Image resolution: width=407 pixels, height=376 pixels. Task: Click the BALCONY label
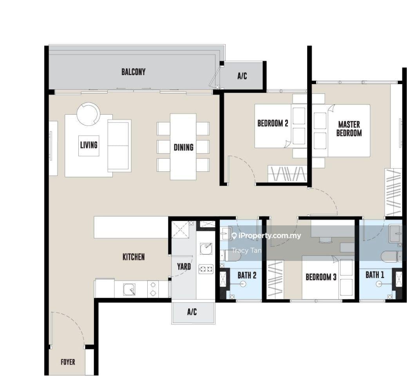click(134, 72)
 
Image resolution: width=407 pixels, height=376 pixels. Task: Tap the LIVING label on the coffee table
click(89, 145)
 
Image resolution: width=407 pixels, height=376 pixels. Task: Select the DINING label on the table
click(183, 147)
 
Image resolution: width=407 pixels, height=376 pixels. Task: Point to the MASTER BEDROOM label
click(349, 128)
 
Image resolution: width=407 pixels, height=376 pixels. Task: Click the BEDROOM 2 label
click(273, 123)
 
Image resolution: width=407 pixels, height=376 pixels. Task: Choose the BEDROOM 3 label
click(321, 277)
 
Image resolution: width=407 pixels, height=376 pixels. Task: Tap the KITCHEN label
click(134, 257)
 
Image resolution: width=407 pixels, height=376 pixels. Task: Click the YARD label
click(184, 266)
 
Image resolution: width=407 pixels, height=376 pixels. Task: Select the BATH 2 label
click(247, 275)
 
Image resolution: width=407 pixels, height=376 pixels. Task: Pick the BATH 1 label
click(375, 275)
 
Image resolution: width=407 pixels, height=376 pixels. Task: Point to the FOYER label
click(68, 362)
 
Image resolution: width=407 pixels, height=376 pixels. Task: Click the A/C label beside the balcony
click(242, 76)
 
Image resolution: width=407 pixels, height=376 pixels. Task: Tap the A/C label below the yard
click(192, 311)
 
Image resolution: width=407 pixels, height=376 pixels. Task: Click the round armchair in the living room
click(88, 114)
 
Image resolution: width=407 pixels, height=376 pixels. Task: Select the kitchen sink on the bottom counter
click(129, 290)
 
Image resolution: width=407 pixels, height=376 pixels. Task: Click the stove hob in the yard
click(206, 269)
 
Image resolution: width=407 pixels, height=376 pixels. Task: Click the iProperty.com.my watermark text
click(266, 236)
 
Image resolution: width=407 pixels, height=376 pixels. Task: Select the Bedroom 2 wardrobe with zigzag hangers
click(288, 174)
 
